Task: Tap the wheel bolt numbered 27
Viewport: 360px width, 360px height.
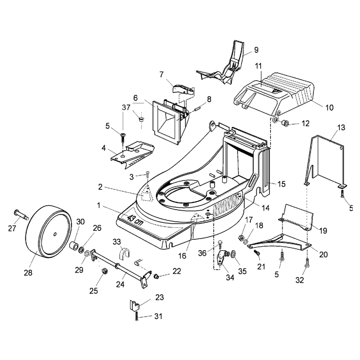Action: coord(21,214)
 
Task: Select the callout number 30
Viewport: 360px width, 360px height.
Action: coord(81,221)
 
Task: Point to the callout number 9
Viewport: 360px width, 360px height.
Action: coord(256,50)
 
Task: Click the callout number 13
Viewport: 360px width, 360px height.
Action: coord(342,127)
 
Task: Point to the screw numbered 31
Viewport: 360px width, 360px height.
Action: coord(136,316)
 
